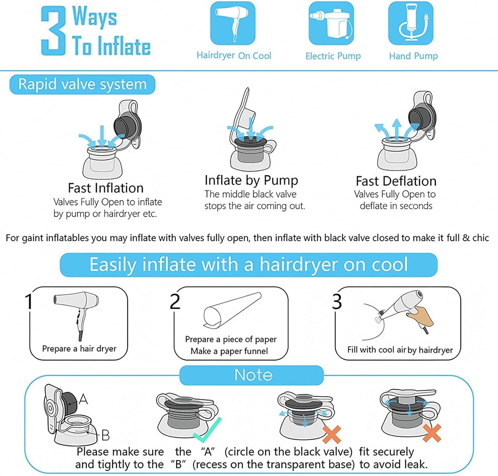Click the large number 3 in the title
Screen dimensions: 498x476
tap(53, 31)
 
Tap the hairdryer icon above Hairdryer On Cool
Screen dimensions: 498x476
tap(233, 23)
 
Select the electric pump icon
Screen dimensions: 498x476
tap(331, 23)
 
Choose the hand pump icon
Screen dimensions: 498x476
tap(411, 23)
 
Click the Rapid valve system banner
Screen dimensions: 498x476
tap(82, 84)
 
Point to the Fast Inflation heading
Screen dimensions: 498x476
tap(106, 188)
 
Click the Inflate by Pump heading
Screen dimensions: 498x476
tap(251, 180)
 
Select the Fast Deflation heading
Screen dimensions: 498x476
tap(396, 181)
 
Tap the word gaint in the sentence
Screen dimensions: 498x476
tap(33, 238)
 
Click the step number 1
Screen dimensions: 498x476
tap(29, 301)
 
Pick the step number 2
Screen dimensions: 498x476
tap(175, 301)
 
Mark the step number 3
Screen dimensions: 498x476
tap(337, 301)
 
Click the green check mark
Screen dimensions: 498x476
tap(207, 430)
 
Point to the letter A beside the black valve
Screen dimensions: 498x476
tap(83, 399)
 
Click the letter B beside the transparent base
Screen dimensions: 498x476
tap(105, 435)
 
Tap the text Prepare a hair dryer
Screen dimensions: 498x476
tap(79, 349)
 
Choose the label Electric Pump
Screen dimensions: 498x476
tap(333, 56)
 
